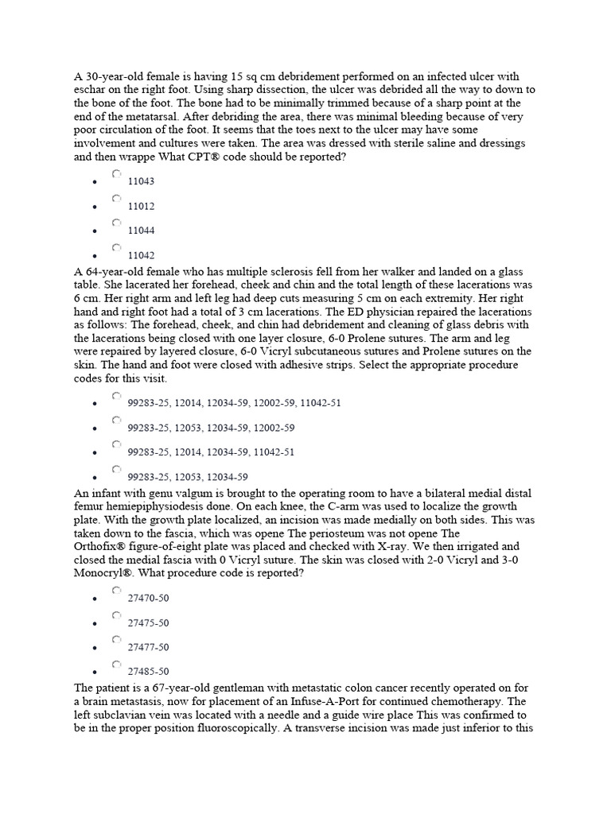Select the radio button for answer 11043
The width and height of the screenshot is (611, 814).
pos(117,173)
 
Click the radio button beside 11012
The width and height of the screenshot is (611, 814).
pos(117,199)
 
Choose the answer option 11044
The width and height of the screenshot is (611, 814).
pos(117,223)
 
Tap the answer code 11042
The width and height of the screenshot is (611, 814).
pos(117,247)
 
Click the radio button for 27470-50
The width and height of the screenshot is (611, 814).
pos(117,591)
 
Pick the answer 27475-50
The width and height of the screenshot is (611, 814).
pos(117,615)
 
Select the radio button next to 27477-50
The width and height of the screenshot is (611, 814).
pos(117,639)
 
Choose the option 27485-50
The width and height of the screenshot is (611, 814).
pos(117,664)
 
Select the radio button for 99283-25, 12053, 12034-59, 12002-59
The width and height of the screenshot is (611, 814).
pos(117,420)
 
